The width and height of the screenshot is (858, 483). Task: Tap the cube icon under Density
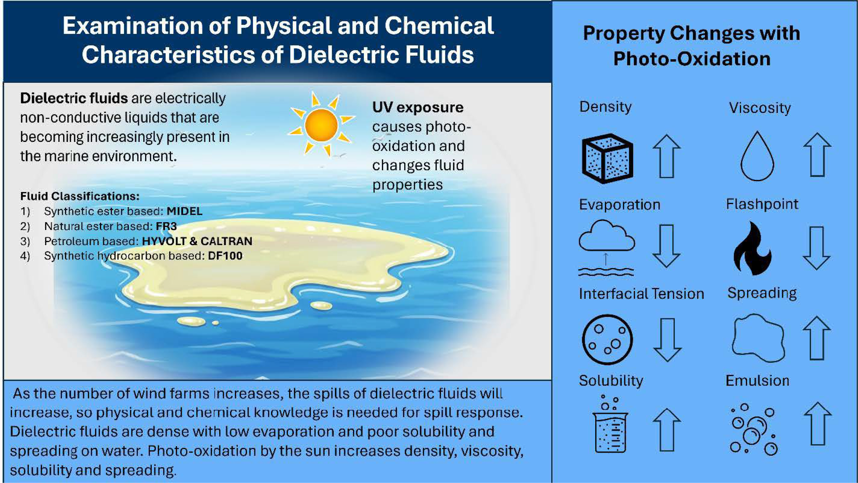tap(607, 159)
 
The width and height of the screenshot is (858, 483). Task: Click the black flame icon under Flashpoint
tap(752, 248)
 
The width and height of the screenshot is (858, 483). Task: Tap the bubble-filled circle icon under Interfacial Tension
tap(607, 339)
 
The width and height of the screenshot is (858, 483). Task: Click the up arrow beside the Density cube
tap(666, 156)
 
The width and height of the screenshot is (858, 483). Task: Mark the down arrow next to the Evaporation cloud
tap(666, 246)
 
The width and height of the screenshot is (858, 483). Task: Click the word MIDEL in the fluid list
tap(184, 211)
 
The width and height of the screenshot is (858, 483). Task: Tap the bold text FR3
tap(166, 226)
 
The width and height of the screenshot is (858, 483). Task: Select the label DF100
tap(225, 256)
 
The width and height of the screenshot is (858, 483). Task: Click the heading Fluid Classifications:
tap(80, 196)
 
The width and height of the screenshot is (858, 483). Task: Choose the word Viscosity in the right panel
tap(760, 108)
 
